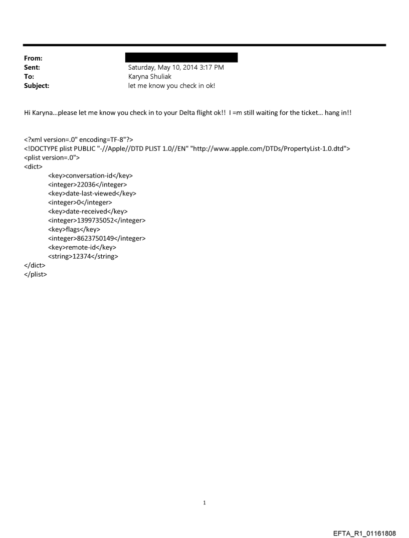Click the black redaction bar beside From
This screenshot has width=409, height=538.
point(181,58)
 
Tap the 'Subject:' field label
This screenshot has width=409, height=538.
point(37,86)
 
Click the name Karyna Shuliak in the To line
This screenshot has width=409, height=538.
point(150,77)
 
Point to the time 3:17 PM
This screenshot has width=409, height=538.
point(209,67)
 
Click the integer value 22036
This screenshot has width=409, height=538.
point(87,185)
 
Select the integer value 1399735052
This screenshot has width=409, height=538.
point(96,220)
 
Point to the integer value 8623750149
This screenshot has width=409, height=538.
point(96,238)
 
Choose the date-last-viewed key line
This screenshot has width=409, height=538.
point(92,193)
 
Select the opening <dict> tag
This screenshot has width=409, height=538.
point(34,166)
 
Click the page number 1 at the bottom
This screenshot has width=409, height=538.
point(204,502)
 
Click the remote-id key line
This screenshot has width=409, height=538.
point(82,247)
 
